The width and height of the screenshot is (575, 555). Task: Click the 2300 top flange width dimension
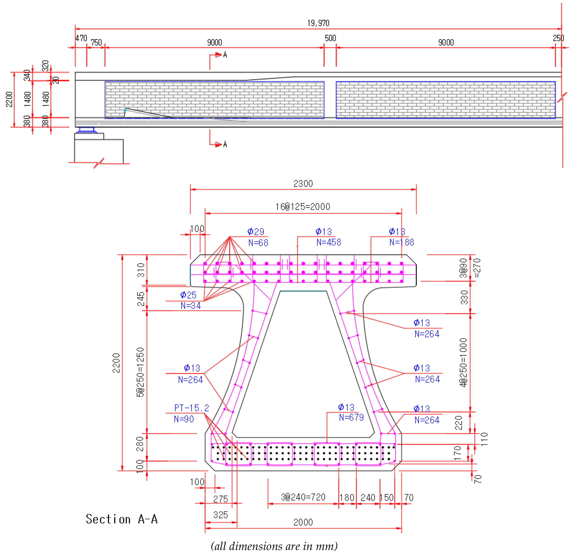[303, 184]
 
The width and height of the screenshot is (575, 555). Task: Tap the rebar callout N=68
[258, 243]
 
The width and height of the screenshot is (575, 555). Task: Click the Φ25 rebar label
[188, 295]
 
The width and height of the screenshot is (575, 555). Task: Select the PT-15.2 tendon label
[191, 408]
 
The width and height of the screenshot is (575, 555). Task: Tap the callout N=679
[351, 417]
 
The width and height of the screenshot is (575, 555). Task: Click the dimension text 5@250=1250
[140, 372]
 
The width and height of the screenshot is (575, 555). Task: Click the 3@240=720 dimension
[303, 497]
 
